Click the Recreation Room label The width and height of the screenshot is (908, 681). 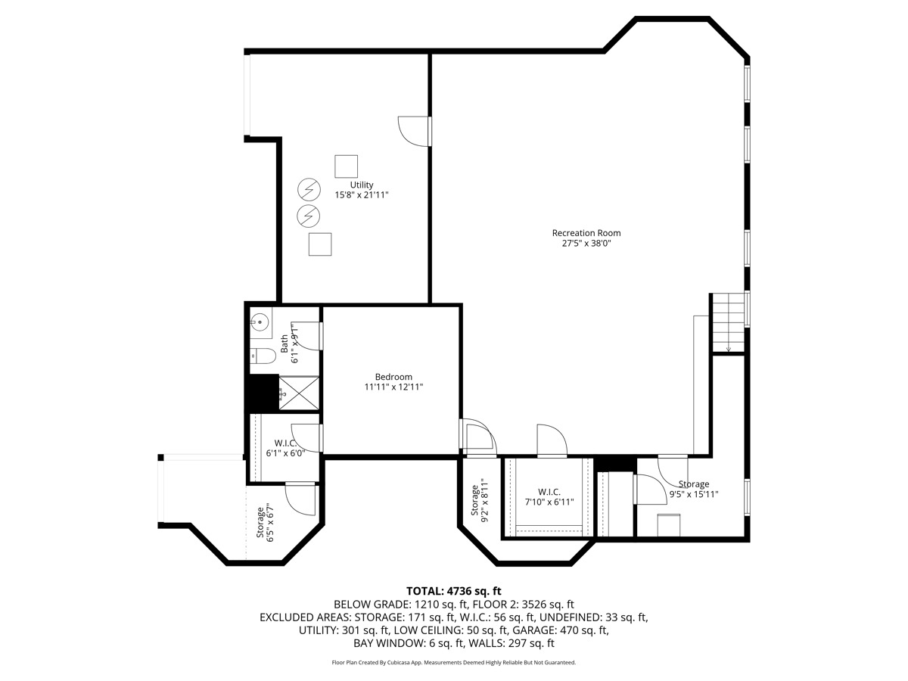tap(586, 233)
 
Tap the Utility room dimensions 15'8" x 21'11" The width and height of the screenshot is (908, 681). tap(362, 194)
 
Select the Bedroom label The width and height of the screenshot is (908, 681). tap(393, 377)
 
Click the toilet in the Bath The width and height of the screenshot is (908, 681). tap(263, 356)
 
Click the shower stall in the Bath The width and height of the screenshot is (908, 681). tap(299, 393)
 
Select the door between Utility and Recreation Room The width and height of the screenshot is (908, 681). tap(414, 131)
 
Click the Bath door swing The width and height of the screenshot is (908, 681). tap(308, 335)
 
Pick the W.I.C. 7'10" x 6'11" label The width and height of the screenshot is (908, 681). tap(549, 497)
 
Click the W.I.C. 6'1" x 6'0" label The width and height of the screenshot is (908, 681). tap(285, 448)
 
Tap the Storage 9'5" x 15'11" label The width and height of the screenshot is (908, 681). tap(694, 489)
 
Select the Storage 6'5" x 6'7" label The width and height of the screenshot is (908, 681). tap(265, 522)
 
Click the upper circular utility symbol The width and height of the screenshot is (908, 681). tap(309, 190)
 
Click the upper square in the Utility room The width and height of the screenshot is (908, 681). tap(346, 166)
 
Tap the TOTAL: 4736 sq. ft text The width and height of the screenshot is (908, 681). tap(454, 591)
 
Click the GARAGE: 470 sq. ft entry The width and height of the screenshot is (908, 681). tap(561, 630)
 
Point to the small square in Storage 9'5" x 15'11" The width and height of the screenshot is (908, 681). tap(668, 525)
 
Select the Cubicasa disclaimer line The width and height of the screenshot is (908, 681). tap(454, 663)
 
